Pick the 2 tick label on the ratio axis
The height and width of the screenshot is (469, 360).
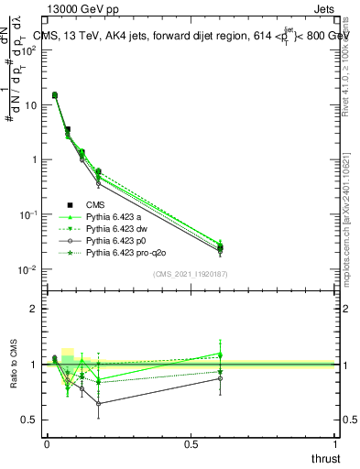tap(34, 309)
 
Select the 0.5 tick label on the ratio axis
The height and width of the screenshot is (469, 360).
tap(29, 420)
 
